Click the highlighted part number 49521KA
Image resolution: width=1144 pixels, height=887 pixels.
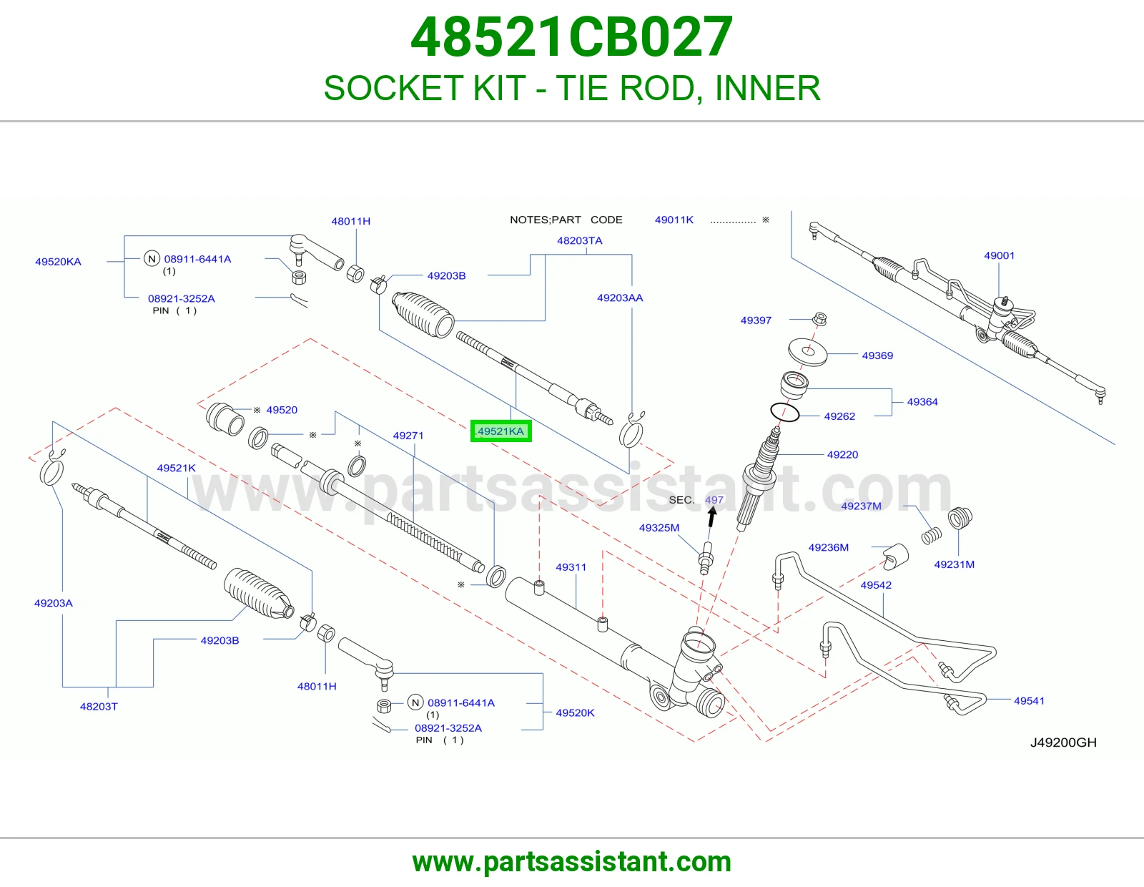tap(500, 431)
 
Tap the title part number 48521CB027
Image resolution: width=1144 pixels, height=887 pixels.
tap(572, 37)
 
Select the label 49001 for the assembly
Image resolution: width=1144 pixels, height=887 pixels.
tap(1000, 255)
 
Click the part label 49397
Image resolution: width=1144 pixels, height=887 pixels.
tap(756, 320)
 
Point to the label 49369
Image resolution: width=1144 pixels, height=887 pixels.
tap(877, 356)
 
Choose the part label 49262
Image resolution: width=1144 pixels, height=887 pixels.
tap(839, 416)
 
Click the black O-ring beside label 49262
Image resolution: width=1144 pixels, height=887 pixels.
tap(785, 413)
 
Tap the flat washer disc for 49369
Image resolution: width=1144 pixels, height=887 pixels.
tap(807, 352)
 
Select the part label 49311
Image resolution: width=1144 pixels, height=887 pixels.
tap(571, 567)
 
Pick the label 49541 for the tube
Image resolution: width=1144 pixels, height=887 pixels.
tap(1029, 700)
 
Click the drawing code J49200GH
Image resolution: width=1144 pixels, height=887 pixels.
tap(1063, 743)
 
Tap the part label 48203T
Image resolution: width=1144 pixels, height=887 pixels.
tap(99, 706)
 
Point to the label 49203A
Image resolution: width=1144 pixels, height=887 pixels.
tap(54, 603)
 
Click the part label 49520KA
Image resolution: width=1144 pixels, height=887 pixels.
tap(59, 262)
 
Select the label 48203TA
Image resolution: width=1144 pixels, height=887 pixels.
tap(580, 241)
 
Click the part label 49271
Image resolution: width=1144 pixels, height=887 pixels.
tap(408, 436)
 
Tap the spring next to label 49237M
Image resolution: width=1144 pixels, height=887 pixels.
tap(932, 536)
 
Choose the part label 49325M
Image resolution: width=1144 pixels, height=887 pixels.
tap(659, 528)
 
